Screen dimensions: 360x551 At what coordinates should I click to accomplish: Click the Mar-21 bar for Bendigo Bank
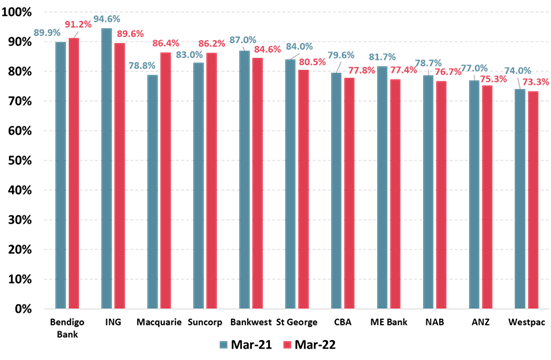pyautogui.click(x=61, y=175)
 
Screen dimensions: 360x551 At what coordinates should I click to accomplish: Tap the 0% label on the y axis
pyautogui.click(x=25, y=309)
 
